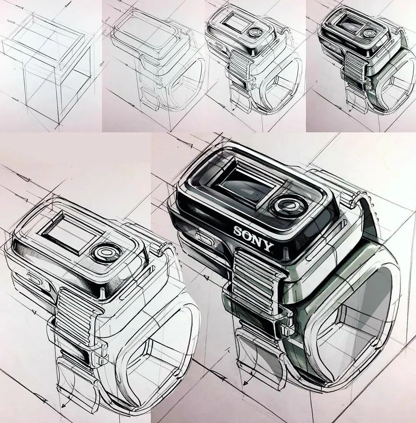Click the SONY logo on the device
[x=253, y=239]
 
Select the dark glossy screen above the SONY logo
[x=247, y=186]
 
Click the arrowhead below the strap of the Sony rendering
[x=245, y=383]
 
